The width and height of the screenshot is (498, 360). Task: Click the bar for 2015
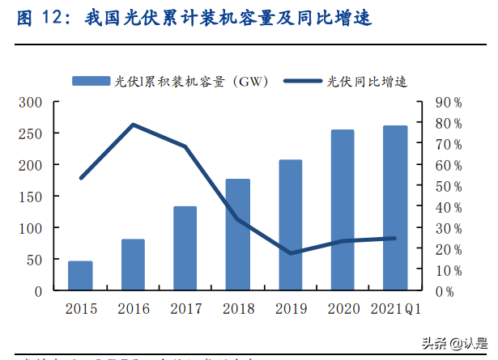(80, 275)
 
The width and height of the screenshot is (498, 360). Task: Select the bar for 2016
(133, 265)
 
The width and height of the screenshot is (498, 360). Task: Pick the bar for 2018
(237, 234)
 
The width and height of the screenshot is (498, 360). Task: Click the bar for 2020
(342, 209)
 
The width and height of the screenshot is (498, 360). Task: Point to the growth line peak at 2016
(133, 125)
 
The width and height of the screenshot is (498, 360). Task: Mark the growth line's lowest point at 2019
(290, 253)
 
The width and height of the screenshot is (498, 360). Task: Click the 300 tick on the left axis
(30, 102)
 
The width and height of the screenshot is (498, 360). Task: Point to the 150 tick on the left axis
(30, 197)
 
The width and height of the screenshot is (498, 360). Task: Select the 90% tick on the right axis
(447, 103)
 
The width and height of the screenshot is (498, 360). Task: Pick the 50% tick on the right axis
(447, 186)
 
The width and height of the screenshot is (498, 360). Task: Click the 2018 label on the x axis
(237, 308)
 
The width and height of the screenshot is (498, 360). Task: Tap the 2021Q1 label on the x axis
(394, 308)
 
